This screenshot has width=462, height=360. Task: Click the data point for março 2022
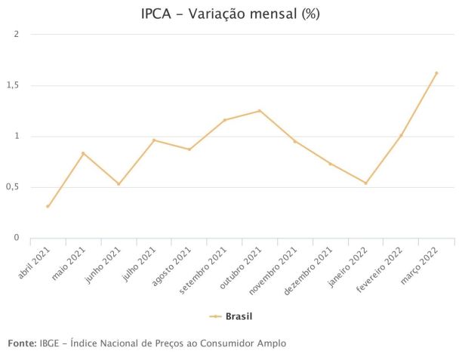click(x=436, y=73)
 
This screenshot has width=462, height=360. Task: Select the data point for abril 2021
click(x=48, y=206)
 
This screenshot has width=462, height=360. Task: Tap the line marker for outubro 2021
click(x=260, y=111)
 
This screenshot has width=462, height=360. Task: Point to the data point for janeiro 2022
click(x=366, y=183)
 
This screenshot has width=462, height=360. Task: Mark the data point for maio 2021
click(x=83, y=153)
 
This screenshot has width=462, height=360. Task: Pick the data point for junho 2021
click(x=119, y=184)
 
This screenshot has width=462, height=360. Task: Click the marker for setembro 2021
click(x=224, y=120)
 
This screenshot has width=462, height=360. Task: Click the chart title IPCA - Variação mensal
click(x=230, y=14)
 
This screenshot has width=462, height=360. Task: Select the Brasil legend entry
click(x=231, y=316)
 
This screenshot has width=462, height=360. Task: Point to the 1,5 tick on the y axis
click(x=14, y=85)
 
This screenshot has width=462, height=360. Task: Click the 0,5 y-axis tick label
click(x=14, y=187)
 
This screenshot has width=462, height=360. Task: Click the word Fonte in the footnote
click(x=20, y=343)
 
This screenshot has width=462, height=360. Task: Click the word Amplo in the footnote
click(x=270, y=343)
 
